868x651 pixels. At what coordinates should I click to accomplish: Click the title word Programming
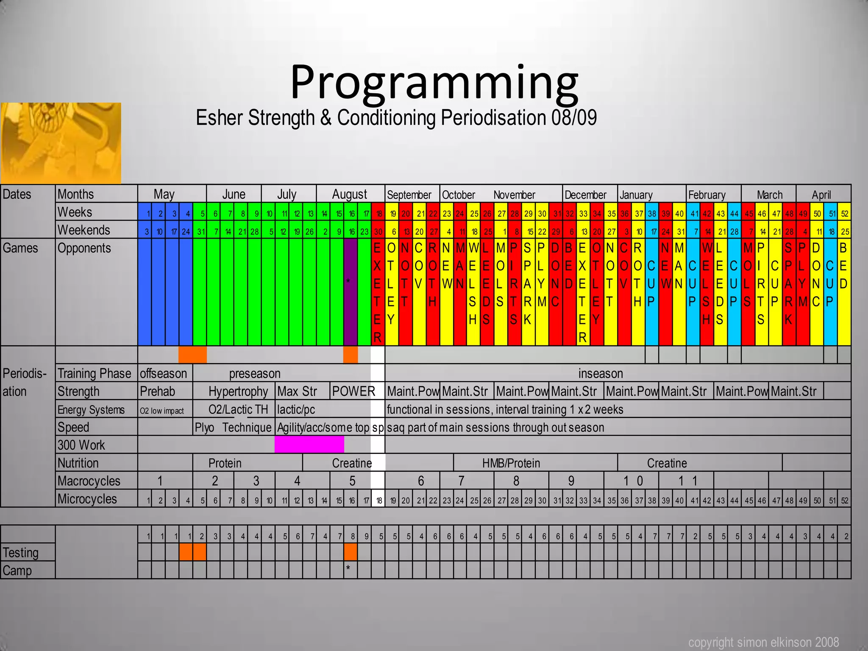[x=434, y=83]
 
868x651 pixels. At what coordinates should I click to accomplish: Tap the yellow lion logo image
[x=61, y=143]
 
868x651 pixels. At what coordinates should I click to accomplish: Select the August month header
[x=350, y=194]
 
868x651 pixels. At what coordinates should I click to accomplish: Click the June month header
[x=234, y=194]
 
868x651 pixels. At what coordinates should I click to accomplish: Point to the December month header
[x=585, y=195]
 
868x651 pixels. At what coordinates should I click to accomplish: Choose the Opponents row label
[x=84, y=248]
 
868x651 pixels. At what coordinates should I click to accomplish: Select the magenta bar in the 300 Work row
[x=309, y=445]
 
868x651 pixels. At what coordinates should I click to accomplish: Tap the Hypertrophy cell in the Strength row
[x=238, y=391]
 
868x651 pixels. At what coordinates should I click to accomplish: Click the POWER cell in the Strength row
[x=353, y=391]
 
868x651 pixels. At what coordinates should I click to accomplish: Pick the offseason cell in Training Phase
[x=164, y=373]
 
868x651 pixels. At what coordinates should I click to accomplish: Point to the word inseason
[x=601, y=373]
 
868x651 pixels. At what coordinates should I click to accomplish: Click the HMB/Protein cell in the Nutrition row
[x=511, y=463]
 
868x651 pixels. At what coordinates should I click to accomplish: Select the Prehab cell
[x=157, y=391]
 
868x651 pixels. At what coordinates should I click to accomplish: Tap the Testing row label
[x=21, y=553]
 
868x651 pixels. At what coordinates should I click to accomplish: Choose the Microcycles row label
[x=87, y=499]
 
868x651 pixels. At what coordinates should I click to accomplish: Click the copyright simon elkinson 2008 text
[x=763, y=643]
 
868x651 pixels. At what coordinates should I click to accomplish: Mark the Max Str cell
[x=297, y=391]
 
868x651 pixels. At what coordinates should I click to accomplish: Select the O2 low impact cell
[x=162, y=411]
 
